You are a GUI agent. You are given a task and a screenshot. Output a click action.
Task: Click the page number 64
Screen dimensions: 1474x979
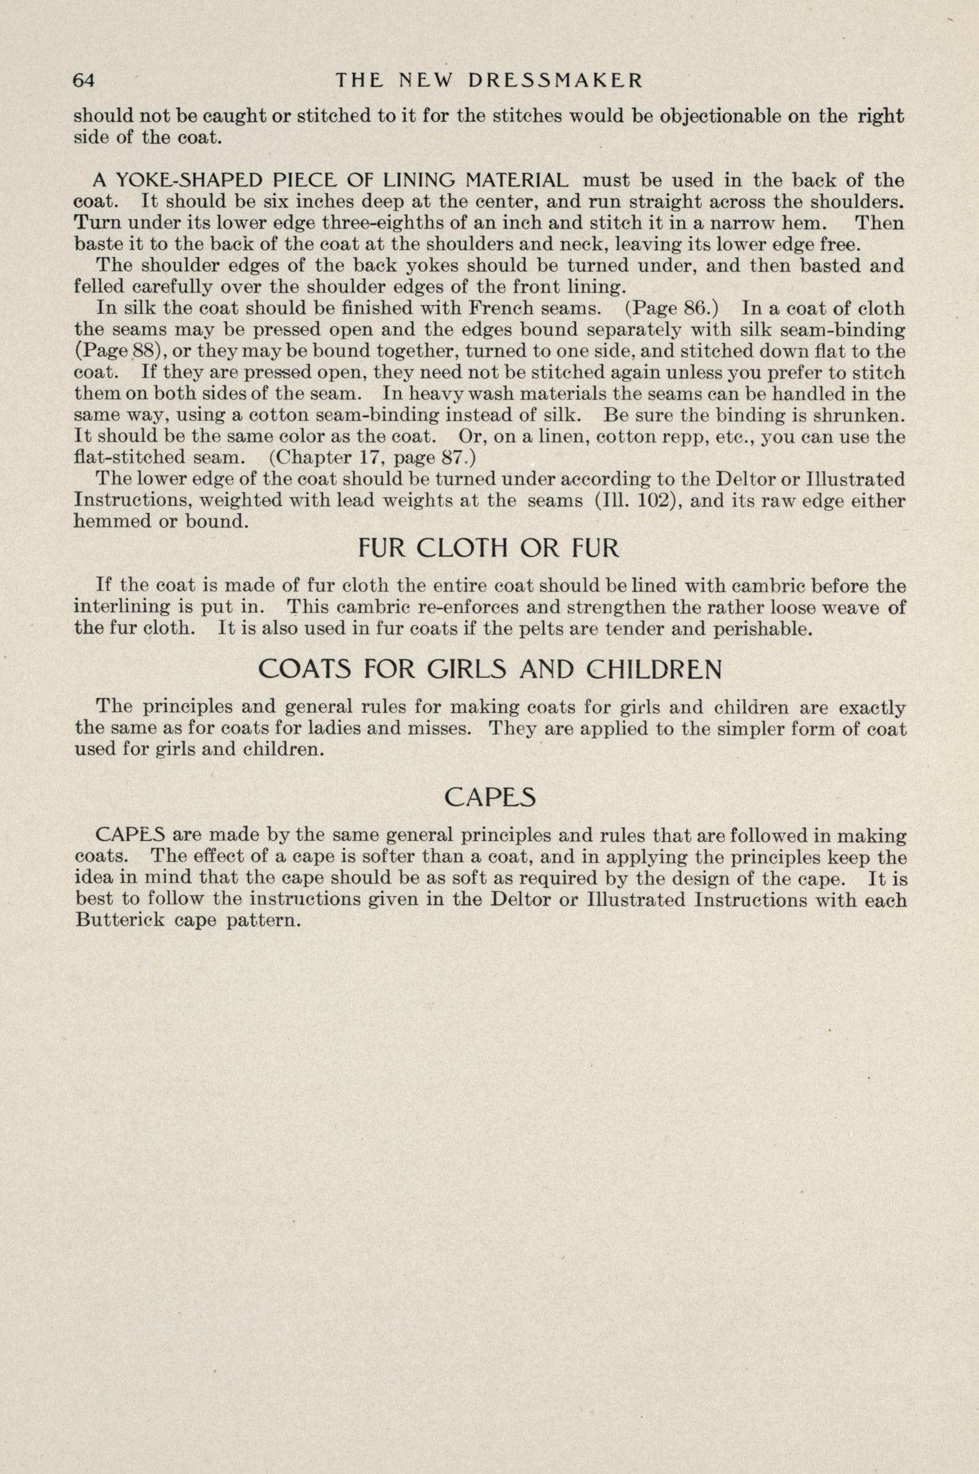[84, 81]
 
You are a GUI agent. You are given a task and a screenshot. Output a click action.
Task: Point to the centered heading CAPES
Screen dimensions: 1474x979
[490, 797]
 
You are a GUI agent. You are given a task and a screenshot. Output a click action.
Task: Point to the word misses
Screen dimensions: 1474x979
[444, 728]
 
